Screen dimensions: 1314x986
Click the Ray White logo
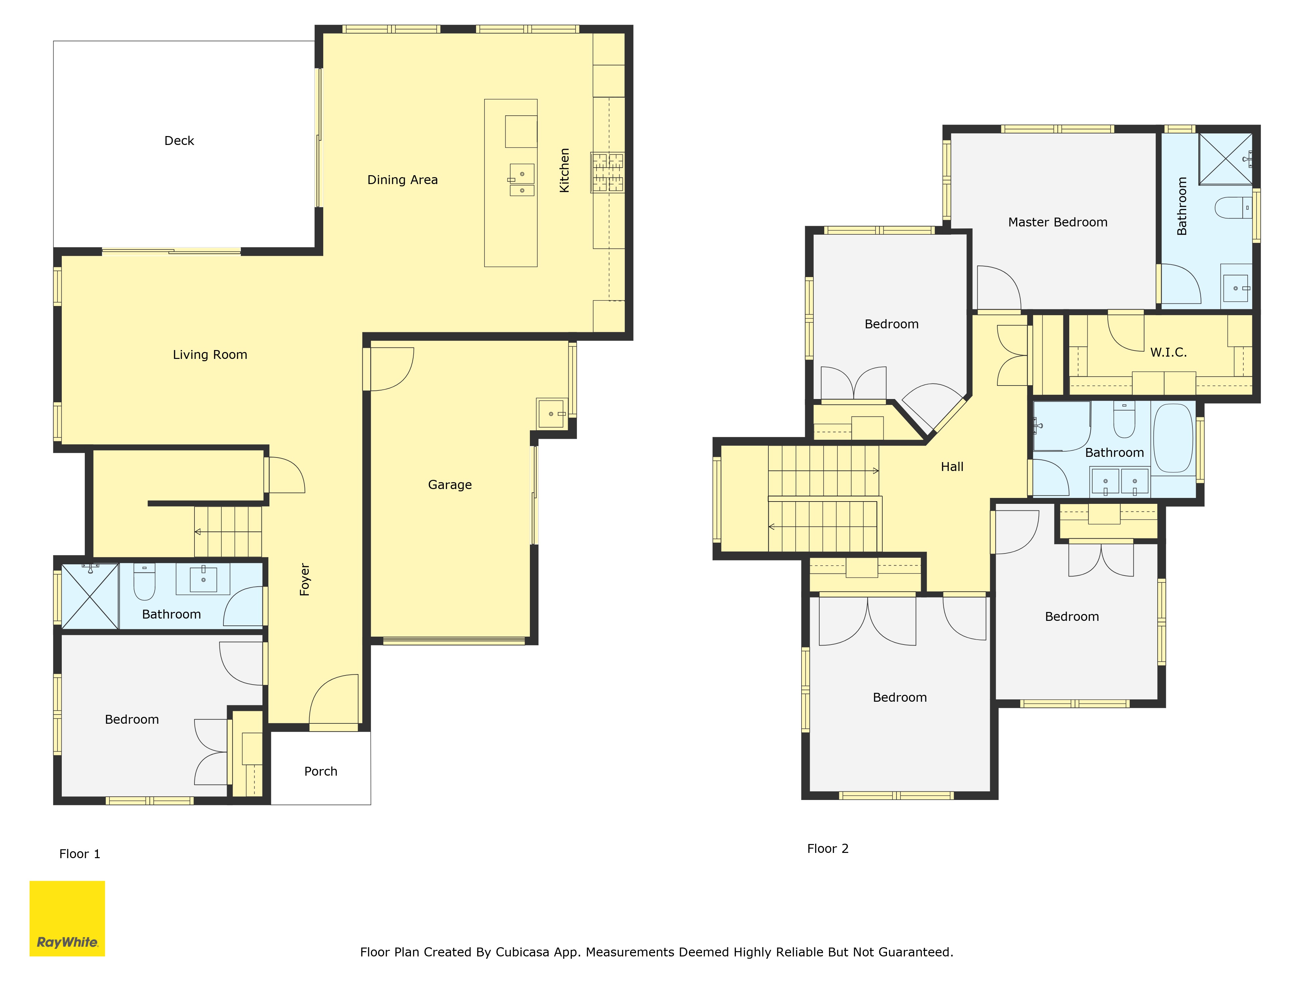[67, 918]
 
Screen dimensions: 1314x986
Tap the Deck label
[179, 141]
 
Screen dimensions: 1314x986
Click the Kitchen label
[564, 170]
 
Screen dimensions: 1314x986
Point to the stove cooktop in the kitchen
[607, 172]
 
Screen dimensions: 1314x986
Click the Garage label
[450, 485]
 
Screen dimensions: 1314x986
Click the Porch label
[321, 771]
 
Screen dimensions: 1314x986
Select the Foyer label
[305, 579]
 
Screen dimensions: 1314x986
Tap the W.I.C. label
[1168, 352]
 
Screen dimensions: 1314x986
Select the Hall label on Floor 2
[952, 467]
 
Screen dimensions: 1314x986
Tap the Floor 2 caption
[827, 849]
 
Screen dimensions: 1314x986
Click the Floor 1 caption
[79, 854]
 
